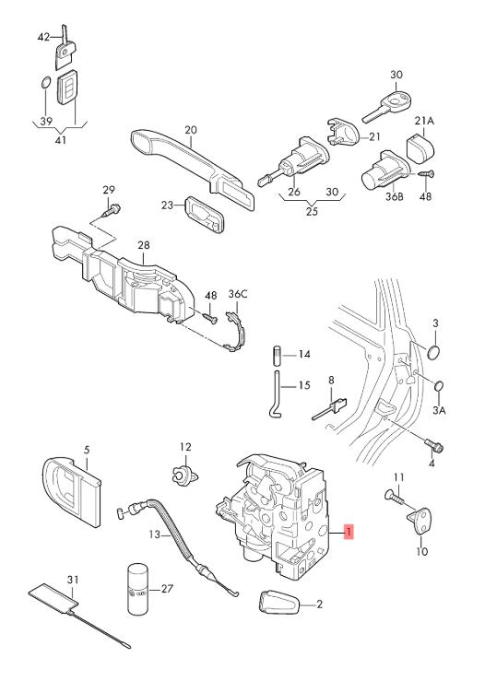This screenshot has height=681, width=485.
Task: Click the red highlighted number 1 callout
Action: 349,532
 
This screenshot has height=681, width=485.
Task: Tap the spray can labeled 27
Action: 138,589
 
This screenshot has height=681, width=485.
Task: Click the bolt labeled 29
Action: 112,211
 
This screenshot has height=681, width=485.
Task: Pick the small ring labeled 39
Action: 45,83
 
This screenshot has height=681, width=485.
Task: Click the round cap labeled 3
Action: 433,352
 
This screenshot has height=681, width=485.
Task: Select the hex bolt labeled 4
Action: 433,445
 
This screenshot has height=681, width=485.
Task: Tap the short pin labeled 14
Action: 278,356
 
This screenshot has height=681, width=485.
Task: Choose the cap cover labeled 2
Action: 279,602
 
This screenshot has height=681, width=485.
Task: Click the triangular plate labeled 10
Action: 420,521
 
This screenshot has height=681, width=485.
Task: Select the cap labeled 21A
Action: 420,149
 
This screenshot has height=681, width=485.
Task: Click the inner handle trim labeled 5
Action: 72,491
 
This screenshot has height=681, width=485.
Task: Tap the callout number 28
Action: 144,245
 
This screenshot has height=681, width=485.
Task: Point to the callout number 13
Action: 155,534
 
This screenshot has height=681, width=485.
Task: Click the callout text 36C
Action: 238,295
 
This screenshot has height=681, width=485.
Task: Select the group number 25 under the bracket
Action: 312,212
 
